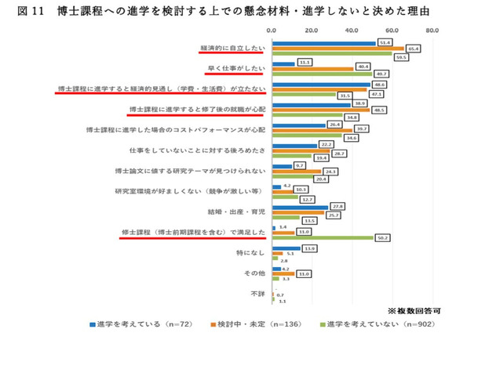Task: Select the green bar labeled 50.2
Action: pos(323,237)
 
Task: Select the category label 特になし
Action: pos(251,253)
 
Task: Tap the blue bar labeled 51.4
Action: pos(323,42)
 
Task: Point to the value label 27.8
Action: pos(338,206)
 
